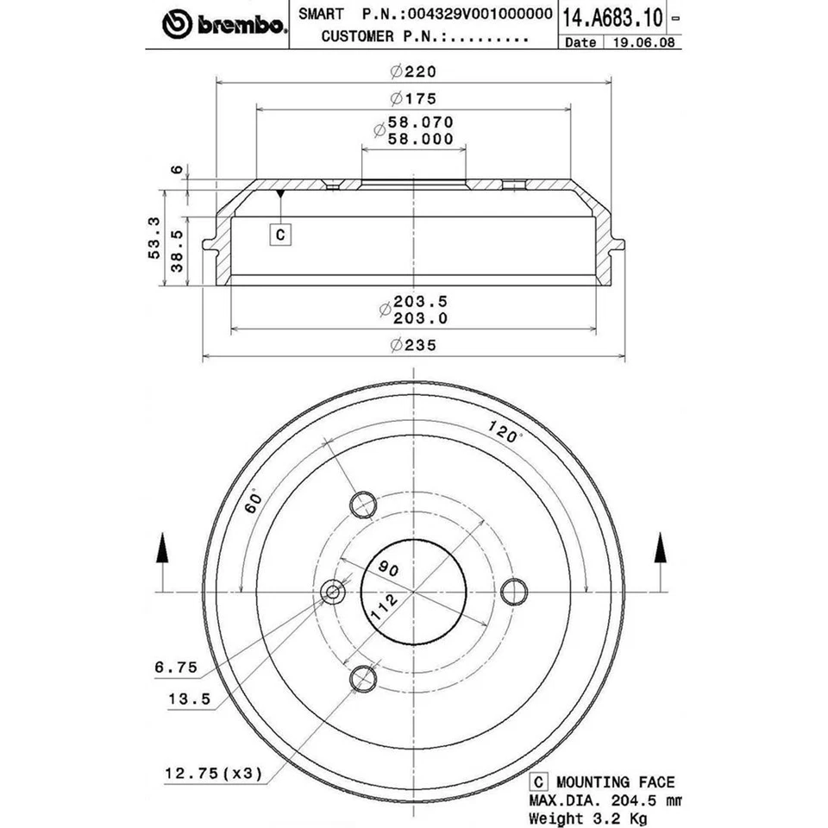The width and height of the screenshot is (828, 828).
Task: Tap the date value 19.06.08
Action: [x=639, y=42]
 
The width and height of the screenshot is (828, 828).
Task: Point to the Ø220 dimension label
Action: [x=413, y=72]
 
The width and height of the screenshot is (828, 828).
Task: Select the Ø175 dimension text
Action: [x=413, y=97]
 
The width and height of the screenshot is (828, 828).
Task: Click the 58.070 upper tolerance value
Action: [x=420, y=123]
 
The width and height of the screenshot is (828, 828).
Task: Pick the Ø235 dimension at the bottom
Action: [x=413, y=345]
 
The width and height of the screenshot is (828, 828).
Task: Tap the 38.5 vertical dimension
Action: [x=177, y=250]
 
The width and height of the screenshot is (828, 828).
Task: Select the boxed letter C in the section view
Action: [x=281, y=233]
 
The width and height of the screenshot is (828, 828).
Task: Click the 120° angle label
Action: [x=505, y=431]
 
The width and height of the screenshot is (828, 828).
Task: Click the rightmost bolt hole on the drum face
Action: [x=514, y=591]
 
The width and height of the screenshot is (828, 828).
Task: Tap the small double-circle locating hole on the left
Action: [x=333, y=592]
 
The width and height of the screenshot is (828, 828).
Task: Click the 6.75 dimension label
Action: [x=177, y=667]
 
